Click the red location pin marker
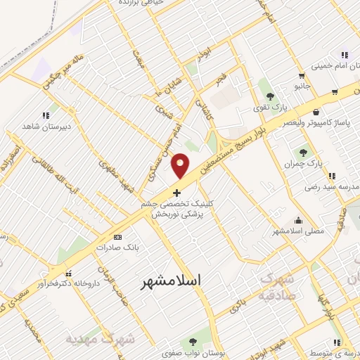pyautogui.click(x=181, y=166)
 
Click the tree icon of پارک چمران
pyautogui.click(x=304, y=151)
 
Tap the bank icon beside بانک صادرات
pyautogui.click(x=117, y=237)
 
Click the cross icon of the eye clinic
pyautogui.click(x=176, y=192)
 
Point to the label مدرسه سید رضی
pyautogui.click(x=325, y=187)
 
